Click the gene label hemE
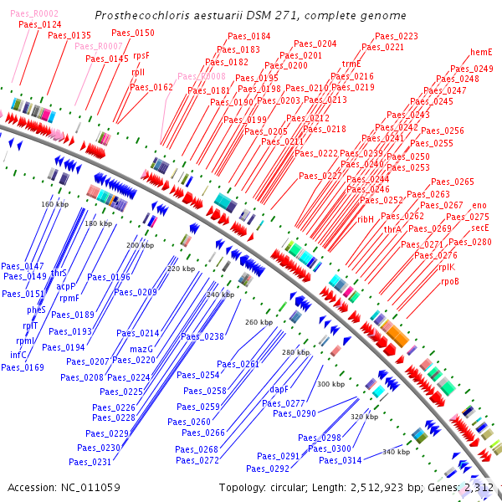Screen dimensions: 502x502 point(481,52)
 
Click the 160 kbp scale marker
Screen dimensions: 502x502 point(54,204)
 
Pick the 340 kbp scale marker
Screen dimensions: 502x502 point(396,452)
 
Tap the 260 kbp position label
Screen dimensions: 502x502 point(259,322)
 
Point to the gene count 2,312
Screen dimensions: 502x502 point(480,487)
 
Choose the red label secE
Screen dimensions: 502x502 point(479,228)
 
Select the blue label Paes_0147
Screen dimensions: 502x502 point(23,265)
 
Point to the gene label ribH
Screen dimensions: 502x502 point(366,219)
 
